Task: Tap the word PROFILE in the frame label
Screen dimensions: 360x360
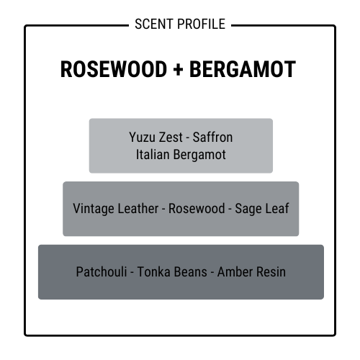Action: point(202,24)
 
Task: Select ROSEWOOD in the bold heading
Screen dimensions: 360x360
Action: point(114,69)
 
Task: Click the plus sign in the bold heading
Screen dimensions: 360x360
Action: point(178,70)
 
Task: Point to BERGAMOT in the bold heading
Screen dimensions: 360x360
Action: point(243,69)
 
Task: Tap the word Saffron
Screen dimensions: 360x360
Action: point(212,138)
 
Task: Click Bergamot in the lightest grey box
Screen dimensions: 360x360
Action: point(199,155)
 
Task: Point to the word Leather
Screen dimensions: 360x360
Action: point(138,208)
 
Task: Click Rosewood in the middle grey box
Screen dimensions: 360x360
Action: point(197,208)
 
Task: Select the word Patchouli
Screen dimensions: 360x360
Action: point(102,272)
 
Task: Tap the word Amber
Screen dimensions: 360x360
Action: point(235,272)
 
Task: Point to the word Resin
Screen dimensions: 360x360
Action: point(271,272)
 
